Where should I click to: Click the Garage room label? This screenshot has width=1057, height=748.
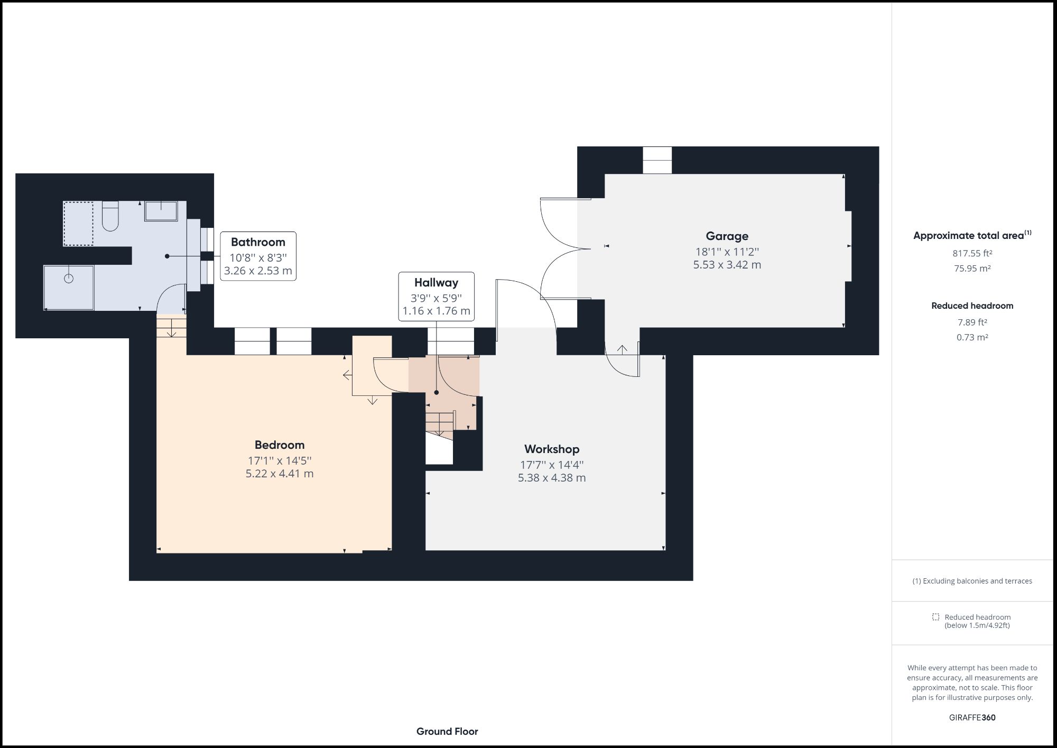727,236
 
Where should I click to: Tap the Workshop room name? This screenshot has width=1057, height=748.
552,449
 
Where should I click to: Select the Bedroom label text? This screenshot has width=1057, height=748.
279,445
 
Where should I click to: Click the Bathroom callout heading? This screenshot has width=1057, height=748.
258,242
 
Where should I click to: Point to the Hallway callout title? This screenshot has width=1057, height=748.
436,283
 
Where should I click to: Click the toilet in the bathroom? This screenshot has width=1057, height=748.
110,217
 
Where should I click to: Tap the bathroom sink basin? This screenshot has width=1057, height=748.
161,211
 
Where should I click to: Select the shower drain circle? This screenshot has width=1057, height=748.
69,278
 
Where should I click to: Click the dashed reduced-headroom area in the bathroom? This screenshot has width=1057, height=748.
78,223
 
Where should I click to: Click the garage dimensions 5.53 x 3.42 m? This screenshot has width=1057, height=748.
727,265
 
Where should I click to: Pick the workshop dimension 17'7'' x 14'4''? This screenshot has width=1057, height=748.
552,465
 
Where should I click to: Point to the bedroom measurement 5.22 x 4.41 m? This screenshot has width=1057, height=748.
279,474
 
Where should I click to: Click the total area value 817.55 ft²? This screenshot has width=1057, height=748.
972,253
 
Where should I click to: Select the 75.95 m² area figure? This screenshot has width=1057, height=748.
972,268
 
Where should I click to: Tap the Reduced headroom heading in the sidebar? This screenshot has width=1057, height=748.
972,306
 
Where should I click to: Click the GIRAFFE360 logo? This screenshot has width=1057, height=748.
972,717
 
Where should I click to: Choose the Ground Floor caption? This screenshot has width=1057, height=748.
447,732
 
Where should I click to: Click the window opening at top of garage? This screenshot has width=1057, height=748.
657,160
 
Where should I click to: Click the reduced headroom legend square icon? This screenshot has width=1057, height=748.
935,617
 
